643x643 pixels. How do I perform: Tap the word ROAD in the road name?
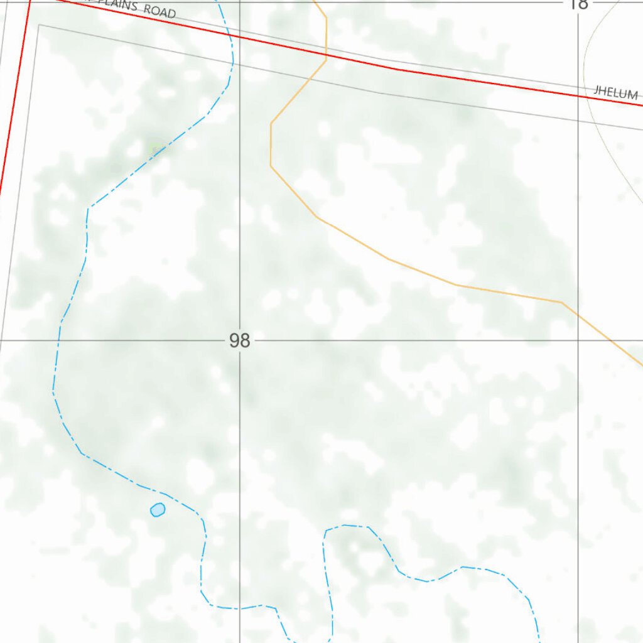159,11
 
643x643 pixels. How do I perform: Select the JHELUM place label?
616,92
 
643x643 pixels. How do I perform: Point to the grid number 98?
239,341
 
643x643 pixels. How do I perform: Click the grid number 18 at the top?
578,4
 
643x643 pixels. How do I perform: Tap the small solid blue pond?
157,509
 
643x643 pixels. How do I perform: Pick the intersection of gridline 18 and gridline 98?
578,341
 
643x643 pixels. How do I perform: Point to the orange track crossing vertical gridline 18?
578,314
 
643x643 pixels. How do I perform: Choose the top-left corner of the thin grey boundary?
39,25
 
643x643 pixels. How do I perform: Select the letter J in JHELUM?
597,90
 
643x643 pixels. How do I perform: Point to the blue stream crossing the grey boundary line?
233,60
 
